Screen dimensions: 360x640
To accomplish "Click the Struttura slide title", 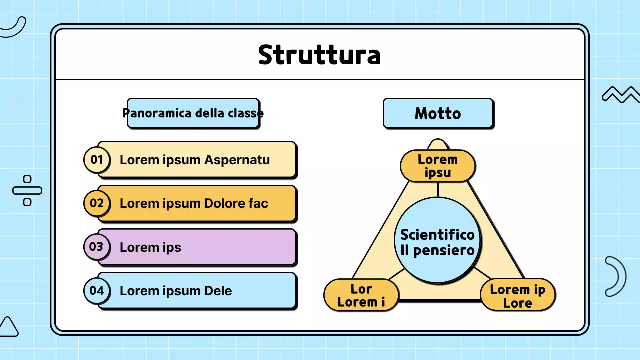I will [x=319, y=55].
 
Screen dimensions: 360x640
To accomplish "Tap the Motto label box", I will [x=438, y=113].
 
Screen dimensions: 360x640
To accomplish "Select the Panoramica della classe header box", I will [x=193, y=113].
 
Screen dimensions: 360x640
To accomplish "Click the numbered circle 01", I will [x=96, y=160].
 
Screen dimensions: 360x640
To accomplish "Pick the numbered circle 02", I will [x=96, y=203].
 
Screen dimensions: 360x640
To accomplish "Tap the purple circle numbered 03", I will [x=96, y=247].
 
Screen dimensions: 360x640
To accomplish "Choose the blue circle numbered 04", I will [x=96, y=290].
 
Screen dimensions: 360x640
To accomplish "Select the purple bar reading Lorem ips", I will [x=210, y=247].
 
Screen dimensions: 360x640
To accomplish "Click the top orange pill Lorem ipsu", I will [x=437, y=166].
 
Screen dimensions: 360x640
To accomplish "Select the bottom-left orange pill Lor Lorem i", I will [x=361, y=295].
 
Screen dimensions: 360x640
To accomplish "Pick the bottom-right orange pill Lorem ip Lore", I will [x=517, y=296].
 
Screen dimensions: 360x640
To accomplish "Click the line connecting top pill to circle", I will [x=438, y=189].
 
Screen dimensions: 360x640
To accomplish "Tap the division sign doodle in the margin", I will [x=27, y=190].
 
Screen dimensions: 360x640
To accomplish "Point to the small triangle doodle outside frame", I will [x=8, y=327].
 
